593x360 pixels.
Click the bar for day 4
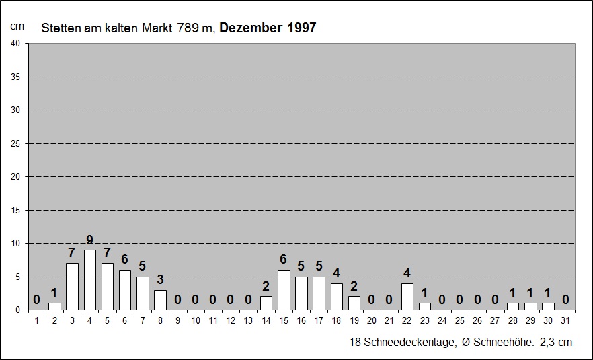point(89,280)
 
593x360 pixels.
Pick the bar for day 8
point(160,300)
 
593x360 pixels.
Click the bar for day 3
point(72,287)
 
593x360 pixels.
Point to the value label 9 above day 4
point(89,240)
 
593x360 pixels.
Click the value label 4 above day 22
point(407,273)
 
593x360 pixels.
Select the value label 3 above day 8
point(160,280)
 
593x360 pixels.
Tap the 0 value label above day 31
point(566,300)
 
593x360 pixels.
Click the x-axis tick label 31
point(566,320)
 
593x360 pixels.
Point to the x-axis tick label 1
point(37,320)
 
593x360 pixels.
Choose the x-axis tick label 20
point(372,320)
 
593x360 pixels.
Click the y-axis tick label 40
point(15,44)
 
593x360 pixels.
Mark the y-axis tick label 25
point(15,143)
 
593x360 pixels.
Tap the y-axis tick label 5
point(17,277)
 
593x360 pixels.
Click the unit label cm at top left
point(17,26)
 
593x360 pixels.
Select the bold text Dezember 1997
point(268,28)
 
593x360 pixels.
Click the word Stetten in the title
point(57,28)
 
